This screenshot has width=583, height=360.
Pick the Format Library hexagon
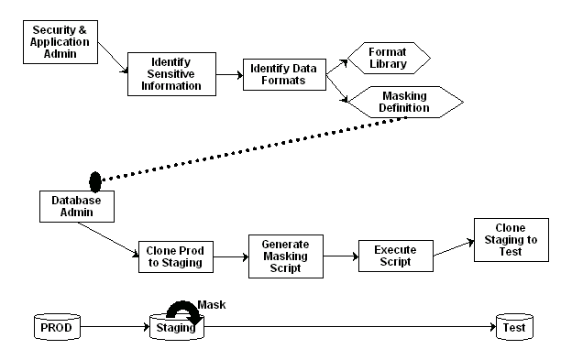click(388, 57)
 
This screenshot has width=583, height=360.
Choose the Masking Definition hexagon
click(400, 102)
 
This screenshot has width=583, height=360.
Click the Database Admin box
click(75, 205)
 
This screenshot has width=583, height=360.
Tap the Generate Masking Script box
click(286, 256)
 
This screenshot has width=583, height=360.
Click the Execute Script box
click(395, 255)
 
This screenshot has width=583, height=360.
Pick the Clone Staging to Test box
click(511, 240)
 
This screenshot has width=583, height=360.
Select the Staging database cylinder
click(176, 326)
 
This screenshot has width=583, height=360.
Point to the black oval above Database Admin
click(94, 179)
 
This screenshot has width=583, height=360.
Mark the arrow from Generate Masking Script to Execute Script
click(339, 256)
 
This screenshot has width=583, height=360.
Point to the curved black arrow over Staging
click(177, 308)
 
